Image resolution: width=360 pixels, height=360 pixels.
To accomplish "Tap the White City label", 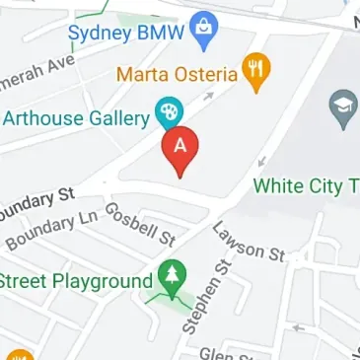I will (x=306, y=185).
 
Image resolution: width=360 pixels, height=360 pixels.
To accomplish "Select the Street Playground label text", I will (x=76, y=282).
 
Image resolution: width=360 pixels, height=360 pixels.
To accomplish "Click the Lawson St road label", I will (x=249, y=243).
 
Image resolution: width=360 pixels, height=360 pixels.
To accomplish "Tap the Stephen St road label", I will (x=206, y=295).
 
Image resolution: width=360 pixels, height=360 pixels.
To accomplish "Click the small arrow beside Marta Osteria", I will (x=207, y=96).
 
